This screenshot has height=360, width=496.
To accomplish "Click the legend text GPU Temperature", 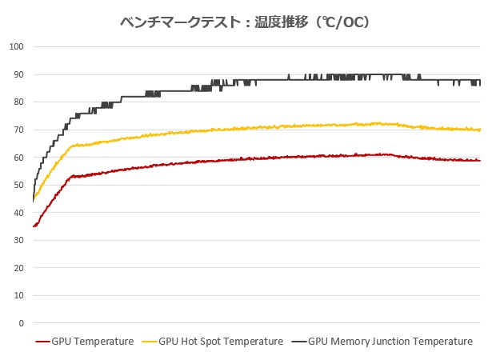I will [92, 342].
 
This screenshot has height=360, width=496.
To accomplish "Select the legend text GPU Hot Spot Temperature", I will [221, 342].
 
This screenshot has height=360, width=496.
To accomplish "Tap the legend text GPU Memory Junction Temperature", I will [390, 342].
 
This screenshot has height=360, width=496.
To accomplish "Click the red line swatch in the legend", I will [42, 342].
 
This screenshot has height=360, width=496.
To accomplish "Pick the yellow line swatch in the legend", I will [150, 342].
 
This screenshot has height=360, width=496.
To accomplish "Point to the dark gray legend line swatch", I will [298, 342].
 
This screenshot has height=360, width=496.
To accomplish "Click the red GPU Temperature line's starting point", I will [34, 226].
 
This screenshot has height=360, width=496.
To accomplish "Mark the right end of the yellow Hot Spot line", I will [480, 130].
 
